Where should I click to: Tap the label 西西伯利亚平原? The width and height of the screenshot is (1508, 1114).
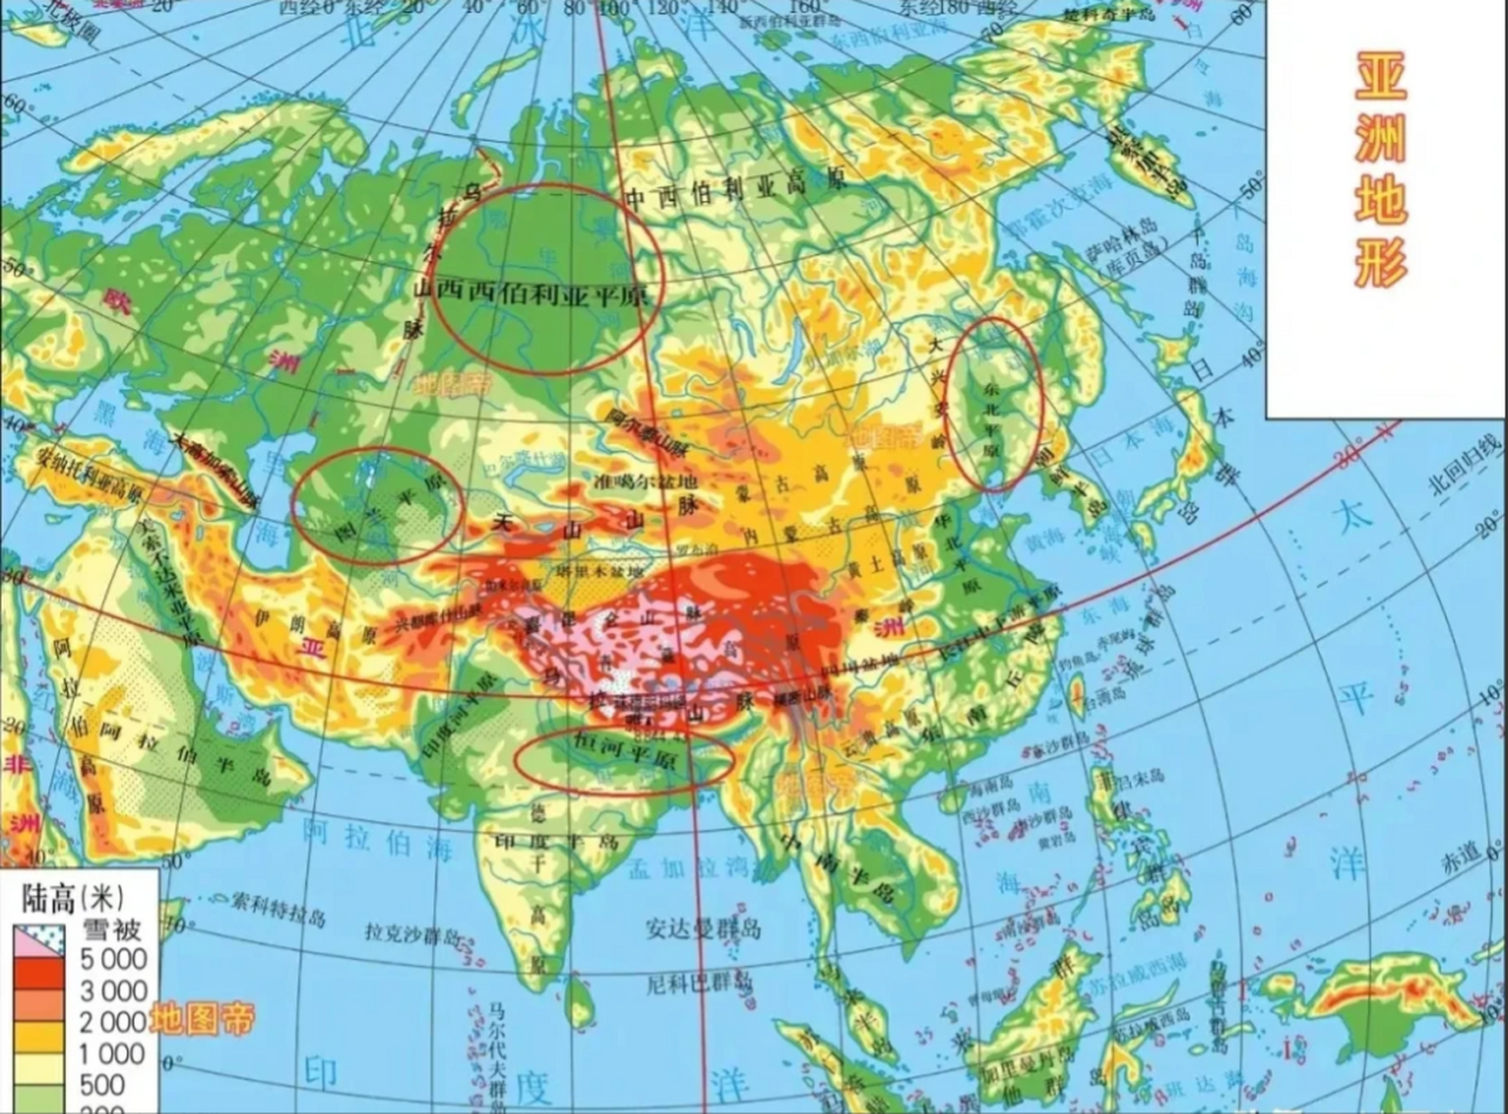(542, 292)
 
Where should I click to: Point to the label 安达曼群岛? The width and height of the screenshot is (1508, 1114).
(704, 929)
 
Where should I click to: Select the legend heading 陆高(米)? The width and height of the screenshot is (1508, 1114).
(73, 896)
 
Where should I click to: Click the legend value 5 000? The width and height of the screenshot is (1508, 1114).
(113, 959)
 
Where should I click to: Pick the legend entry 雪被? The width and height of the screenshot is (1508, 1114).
(111, 928)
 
